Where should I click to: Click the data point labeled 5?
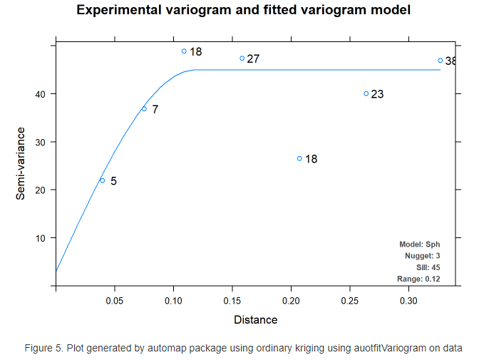pyautogui.click(x=102, y=180)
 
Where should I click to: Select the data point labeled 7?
pyautogui.click(x=144, y=108)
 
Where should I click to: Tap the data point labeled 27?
pyautogui.click(x=242, y=58)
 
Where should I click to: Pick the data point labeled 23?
pyautogui.click(x=366, y=93)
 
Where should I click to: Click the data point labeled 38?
pyautogui.click(x=441, y=61)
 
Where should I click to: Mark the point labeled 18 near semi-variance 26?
pyautogui.click(x=299, y=158)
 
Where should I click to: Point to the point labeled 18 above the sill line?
pyautogui.click(x=184, y=51)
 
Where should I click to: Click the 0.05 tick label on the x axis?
pyautogui.click(x=114, y=302)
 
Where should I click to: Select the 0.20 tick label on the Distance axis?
pyautogui.click(x=291, y=302)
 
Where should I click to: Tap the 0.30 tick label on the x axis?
pyautogui.click(x=408, y=302)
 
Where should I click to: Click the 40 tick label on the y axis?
pyautogui.click(x=41, y=94)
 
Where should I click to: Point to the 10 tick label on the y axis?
pyautogui.click(x=41, y=238)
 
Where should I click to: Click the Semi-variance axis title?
pyautogui.click(x=21, y=163)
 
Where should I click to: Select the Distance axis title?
pyautogui.click(x=255, y=320)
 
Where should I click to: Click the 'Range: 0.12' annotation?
pyautogui.click(x=418, y=279)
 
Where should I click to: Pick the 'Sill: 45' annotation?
pyautogui.click(x=428, y=267)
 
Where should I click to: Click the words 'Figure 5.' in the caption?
pyautogui.click(x=44, y=348)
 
